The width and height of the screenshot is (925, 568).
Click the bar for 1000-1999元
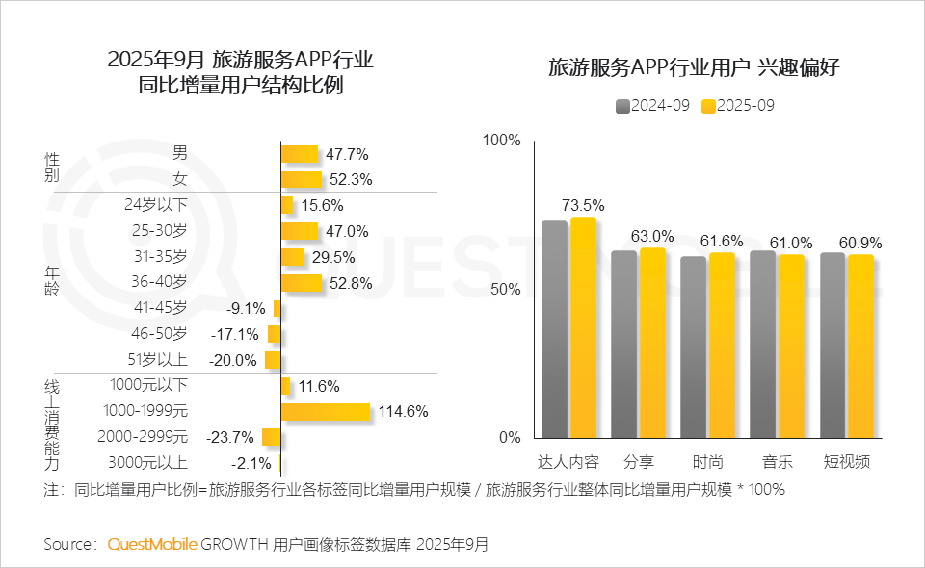click(x=326, y=412)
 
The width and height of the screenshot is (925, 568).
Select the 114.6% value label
click(x=403, y=412)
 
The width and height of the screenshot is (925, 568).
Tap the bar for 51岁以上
click(x=273, y=360)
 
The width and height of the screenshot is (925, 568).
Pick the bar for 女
click(x=301, y=179)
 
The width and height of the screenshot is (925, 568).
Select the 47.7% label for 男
click(x=347, y=154)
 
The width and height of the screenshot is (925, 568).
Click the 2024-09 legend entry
click(x=653, y=106)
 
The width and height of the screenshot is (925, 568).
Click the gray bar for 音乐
click(x=762, y=344)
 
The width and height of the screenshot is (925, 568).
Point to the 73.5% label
click(x=583, y=205)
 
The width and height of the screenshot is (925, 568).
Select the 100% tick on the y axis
click(x=501, y=141)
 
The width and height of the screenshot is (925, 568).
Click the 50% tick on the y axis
click(x=505, y=290)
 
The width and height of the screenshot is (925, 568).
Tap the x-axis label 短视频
click(x=846, y=461)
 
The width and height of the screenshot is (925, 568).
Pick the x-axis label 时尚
click(x=707, y=461)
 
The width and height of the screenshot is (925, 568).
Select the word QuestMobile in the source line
click(x=152, y=544)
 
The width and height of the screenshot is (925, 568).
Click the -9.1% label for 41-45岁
click(x=246, y=308)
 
